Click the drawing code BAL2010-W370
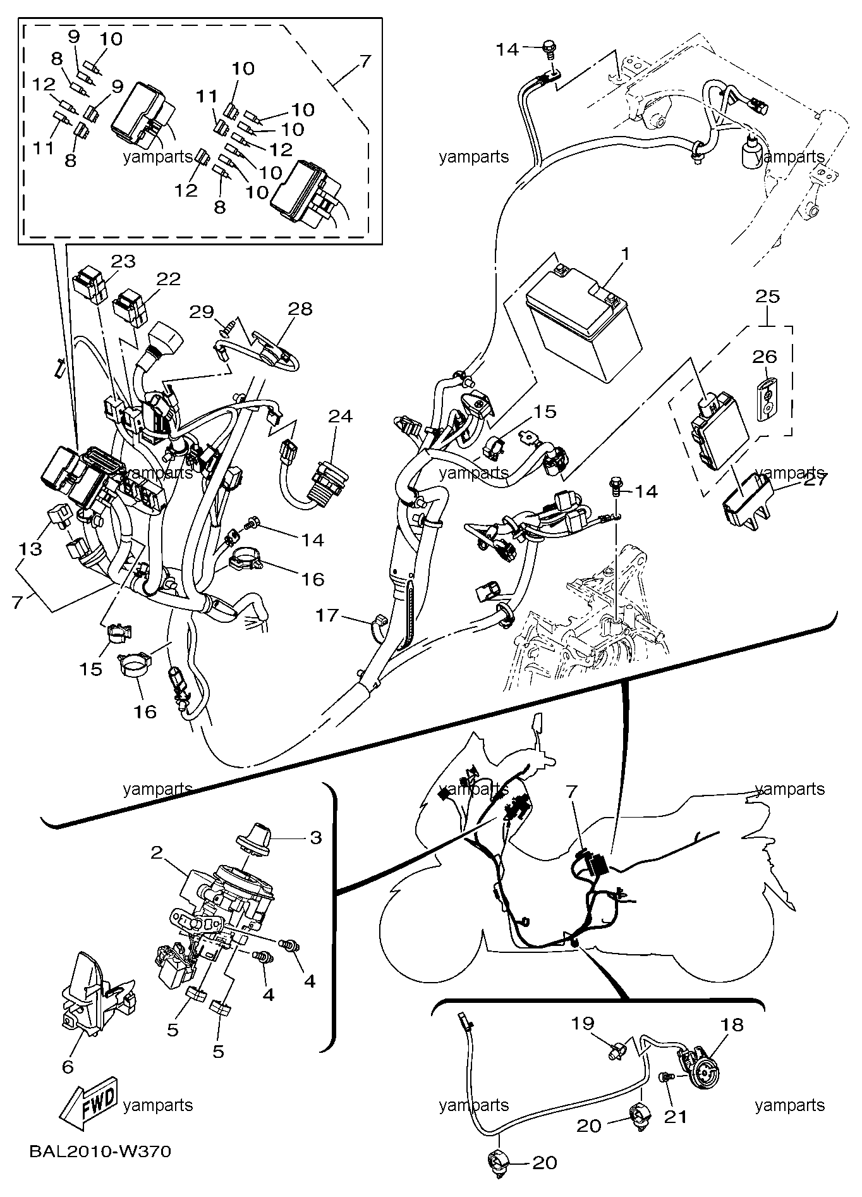(x=100, y=1151)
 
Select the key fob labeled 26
(x=765, y=400)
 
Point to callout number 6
(x=68, y=1066)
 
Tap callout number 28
(x=301, y=309)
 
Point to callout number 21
(x=675, y=1117)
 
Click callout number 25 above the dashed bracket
(x=768, y=297)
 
